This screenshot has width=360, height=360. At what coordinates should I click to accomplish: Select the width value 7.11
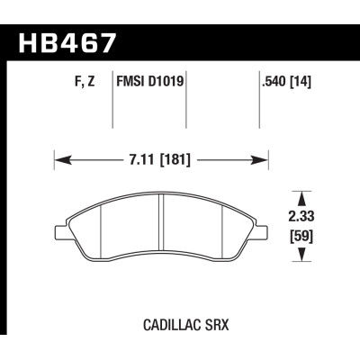(140, 162)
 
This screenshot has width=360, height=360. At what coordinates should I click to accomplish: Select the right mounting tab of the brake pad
(265, 234)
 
